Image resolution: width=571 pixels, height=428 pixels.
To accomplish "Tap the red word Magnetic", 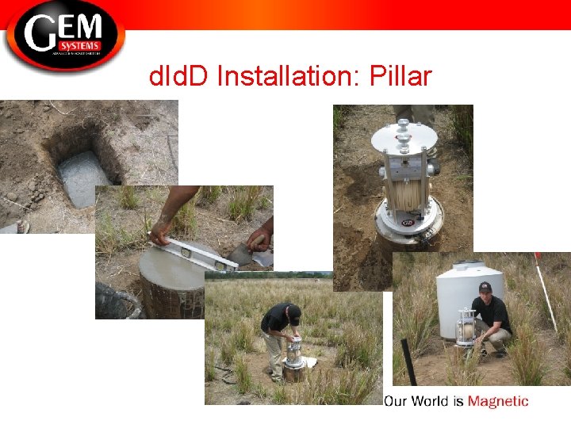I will (497, 401).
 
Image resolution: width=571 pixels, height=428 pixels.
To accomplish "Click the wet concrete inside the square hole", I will (83, 178).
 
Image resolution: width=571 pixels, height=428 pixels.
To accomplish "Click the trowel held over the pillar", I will (259, 256).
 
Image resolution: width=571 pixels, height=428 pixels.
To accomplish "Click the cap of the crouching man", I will (485, 286).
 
